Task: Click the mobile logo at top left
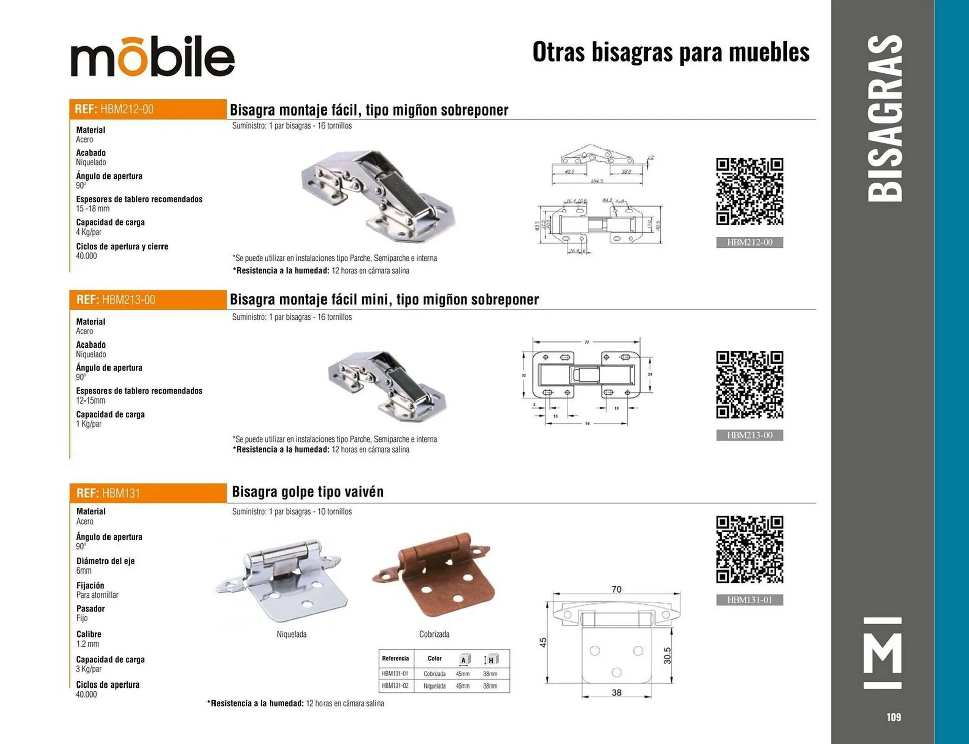click(152, 56)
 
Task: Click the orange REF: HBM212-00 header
click(147, 109)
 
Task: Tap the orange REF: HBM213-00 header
click(147, 300)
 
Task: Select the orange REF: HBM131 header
click(147, 493)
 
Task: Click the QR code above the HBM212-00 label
click(749, 192)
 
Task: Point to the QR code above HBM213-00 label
click(749, 384)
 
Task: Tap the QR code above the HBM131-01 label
click(749, 549)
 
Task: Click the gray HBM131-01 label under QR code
click(749, 600)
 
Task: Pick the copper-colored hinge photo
click(433, 575)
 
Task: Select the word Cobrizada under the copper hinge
click(434, 634)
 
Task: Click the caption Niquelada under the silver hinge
click(291, 634)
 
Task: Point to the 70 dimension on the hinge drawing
click(616, 589)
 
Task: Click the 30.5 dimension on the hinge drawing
click(667, 655)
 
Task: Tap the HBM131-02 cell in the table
click(395, 686)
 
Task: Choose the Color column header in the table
click(435, 659)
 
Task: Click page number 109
click(893, 717)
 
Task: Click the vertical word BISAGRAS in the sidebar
click(885, 119)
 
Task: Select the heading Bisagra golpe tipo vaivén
click(307, 492)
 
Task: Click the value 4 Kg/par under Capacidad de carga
click(89, 232)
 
